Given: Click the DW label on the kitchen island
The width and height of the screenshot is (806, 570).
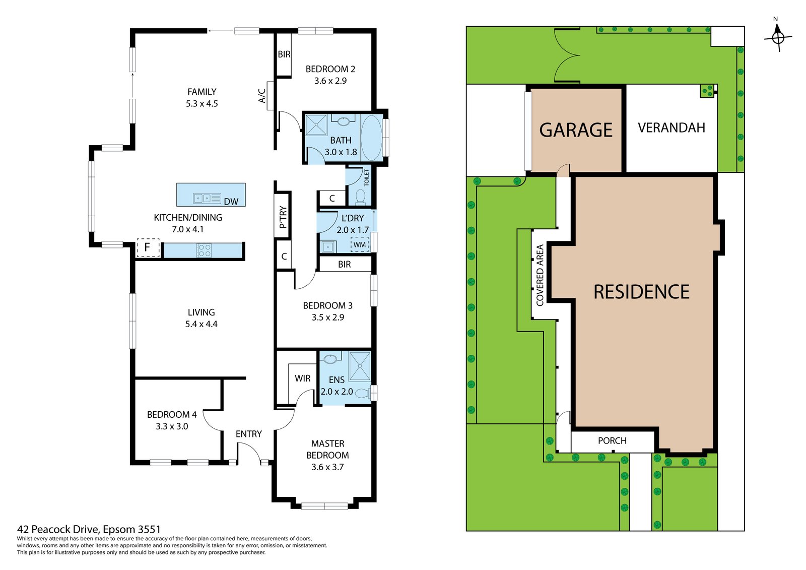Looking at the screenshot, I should point(231,202).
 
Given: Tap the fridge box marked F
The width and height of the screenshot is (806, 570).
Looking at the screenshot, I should point(148,247).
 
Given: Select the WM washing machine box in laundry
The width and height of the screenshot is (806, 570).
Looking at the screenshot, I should point(360,245).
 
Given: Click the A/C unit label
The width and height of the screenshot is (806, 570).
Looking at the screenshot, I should point(262,96).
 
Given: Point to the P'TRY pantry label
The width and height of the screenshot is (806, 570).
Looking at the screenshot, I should point(283,217).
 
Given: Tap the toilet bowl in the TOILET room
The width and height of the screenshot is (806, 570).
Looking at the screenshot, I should point(360,197).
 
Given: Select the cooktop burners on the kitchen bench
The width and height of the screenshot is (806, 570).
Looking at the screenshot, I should point(204,250).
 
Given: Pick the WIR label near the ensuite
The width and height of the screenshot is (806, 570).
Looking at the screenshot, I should point(303,378).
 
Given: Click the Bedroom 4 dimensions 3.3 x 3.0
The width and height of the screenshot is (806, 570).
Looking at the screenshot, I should point(172,426).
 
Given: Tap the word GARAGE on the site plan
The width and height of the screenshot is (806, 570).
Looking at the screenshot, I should point(576,130).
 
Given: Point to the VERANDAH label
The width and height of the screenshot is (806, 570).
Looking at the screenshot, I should point(671,128).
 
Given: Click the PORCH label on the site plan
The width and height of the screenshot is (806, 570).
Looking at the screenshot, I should point(612,440).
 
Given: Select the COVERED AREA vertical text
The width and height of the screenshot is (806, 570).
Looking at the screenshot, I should point(540,275).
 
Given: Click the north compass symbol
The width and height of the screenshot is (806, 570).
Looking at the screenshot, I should point(778,37).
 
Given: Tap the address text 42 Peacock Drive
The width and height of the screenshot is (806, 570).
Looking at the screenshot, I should point(89,529).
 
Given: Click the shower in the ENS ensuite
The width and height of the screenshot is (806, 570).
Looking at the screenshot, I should point(360,366).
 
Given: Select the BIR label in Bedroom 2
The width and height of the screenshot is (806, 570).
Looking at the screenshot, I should point(284,54).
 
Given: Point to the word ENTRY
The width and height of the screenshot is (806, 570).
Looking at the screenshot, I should point(249,434).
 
